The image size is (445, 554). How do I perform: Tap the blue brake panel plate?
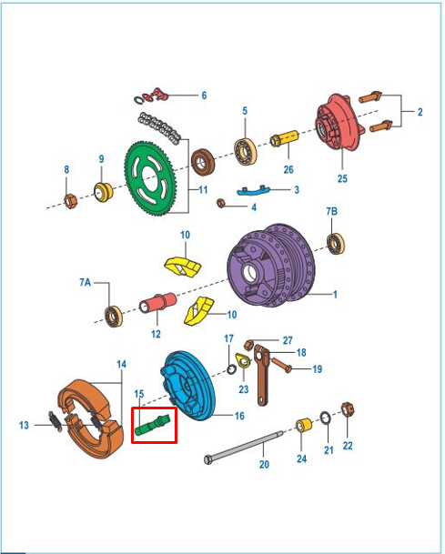pyautogui.click(x=189, y=385)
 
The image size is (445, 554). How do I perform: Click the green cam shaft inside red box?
pyautogui.click(x=153, y=425)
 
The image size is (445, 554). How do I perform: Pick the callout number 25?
pyautogui.click(x=342, y=178)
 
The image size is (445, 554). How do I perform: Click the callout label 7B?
pyautogui.click(x=331, y=211)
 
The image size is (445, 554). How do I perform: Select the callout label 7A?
pyautogui.click(x=86, y=282)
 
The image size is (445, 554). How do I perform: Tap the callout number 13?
pyautogui.click(x=24, y=425)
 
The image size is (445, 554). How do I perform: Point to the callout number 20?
pyautogui.click(x=264, y=464)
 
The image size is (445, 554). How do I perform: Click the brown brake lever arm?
pyautogui.click(x=261, y=375)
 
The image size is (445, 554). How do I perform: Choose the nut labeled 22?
pyautogui.click(x=348, y=410)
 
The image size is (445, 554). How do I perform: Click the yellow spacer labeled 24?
pyautogui.click(x=304, y=425)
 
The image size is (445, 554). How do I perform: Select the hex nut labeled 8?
pyautogui.click(x=71, y=201)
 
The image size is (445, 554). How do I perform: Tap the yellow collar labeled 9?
pyautogui.click(x=103, y=193)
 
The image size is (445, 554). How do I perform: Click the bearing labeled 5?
pyautogui.click(x=246, y=151)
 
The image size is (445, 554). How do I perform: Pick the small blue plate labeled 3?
pyautogui.click(x=253, y=191)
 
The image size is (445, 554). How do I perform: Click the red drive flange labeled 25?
pyautogui.click(x=339, y=122)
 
